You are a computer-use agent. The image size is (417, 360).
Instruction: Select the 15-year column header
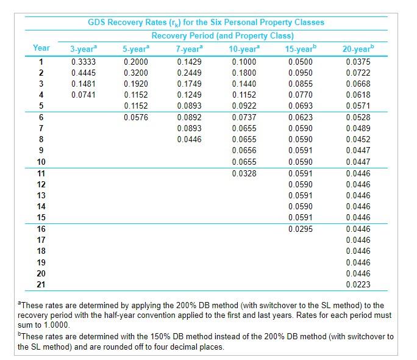[299, 48]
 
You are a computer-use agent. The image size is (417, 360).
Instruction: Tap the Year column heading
[41, 48]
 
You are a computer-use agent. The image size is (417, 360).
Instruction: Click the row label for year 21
[41, 284]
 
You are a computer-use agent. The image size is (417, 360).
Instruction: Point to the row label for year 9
[41, 150]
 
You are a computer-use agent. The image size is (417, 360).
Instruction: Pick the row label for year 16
[41, 229]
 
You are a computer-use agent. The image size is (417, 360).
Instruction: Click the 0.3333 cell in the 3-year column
[83, 62]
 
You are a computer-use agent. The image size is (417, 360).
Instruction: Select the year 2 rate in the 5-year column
[135, 73]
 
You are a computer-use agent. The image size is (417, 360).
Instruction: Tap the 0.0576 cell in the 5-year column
[135, 117]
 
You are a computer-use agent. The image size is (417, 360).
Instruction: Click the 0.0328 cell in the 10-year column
[244, 173]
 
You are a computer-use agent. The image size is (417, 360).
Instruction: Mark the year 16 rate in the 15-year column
[301, 229]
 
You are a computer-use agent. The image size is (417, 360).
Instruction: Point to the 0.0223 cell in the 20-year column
[358, 284]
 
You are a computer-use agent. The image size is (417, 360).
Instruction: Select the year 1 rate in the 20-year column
[358, 62]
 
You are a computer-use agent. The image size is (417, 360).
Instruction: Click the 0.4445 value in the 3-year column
[83, 73]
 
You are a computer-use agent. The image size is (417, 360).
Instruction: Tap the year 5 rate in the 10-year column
[244, 106]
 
